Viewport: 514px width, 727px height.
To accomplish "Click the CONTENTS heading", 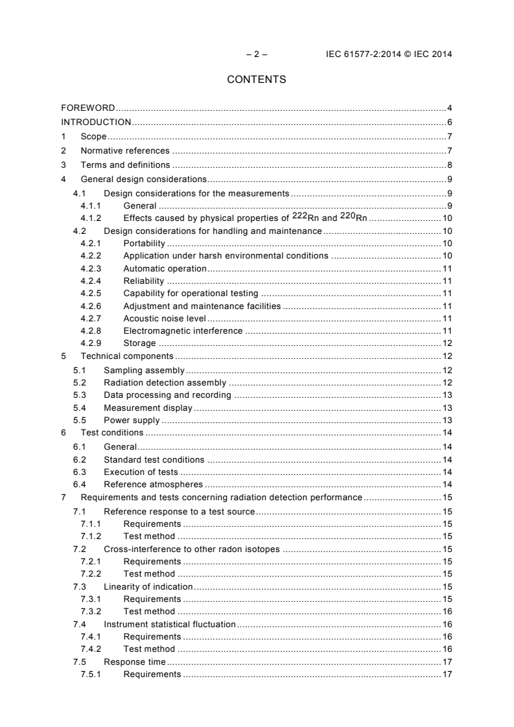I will tap(257, 80).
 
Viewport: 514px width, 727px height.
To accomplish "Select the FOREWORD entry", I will tap(88, 108).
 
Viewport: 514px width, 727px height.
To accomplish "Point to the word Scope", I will tap(93, 137).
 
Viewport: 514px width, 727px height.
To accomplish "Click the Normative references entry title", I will tap(125, 151).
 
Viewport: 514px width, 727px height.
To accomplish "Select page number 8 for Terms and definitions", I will tap(449, 165).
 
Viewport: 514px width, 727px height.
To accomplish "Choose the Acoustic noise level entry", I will tap(164, 318).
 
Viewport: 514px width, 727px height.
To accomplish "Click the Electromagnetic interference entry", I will tap(183, 331).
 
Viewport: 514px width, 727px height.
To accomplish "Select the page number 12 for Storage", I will tap(447, 343).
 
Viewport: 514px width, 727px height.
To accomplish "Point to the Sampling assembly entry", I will tap(144, 371).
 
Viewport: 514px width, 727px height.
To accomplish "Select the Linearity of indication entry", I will tap(148, 586).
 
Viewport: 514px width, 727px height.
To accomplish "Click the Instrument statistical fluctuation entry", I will tap(169, 624).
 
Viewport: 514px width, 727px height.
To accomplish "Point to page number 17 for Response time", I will tap(447, 662).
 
